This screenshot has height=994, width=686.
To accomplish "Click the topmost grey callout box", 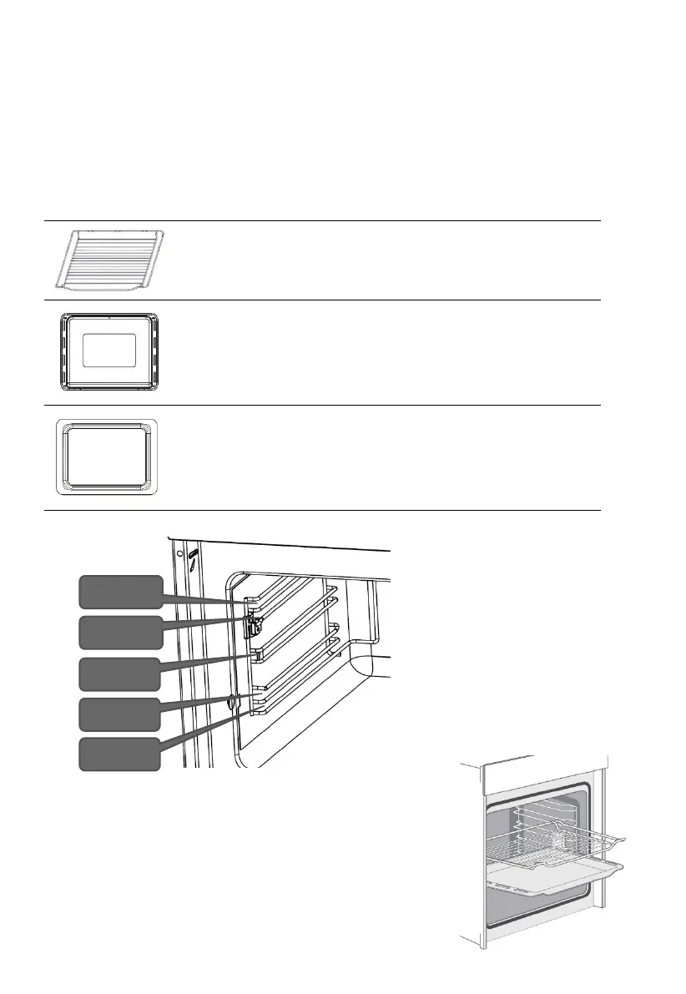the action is (x=119, y=592).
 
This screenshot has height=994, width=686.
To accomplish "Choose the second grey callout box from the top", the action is (x=119, y=632).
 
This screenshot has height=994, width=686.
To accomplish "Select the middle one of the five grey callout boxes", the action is (x=119, y=674).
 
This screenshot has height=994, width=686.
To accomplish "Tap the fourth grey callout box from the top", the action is (x=119, y=714).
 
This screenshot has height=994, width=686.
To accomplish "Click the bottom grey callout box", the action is (x=119, y=754).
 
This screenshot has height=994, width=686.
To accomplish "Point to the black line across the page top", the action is (x=342, y=26).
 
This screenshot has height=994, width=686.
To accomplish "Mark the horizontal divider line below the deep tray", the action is (x=322, y=510).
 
